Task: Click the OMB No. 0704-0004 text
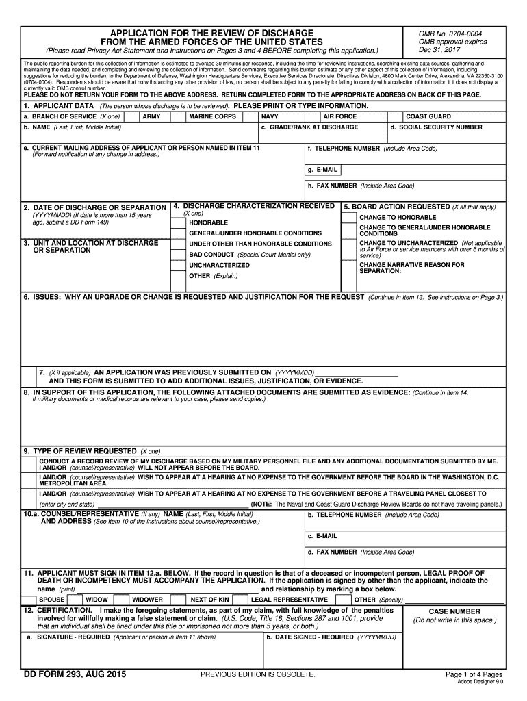451,34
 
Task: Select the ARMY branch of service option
151,117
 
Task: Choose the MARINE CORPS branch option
212,117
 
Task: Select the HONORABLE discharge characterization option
208,223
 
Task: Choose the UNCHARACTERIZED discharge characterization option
219,264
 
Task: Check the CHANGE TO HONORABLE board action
397,217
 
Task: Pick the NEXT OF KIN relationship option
209,599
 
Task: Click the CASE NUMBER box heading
454,611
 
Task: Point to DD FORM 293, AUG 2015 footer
75,674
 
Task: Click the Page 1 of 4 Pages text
474,674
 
